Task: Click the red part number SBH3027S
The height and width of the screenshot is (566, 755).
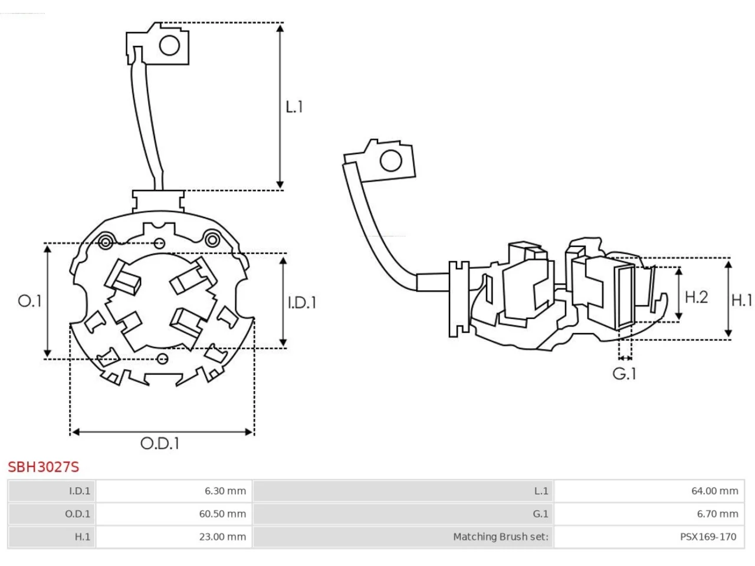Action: (x=43, y=467)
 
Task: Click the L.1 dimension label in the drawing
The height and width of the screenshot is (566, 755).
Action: (x=294, y=107)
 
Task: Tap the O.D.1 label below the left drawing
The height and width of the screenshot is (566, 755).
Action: (x=160, y=443)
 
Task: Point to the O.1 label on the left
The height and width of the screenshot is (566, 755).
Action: (x=29, y=301)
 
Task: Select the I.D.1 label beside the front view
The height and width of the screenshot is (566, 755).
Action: (x=301, y=302)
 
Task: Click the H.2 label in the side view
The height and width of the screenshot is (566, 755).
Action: (x=696, y=297)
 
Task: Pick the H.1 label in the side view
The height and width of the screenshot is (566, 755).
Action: (x=741, y=300)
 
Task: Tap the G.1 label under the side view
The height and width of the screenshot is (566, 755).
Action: (x=624, y=374)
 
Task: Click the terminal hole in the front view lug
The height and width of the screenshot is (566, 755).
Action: (x=169, y=45)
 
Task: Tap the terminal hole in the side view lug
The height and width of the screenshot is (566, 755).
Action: (x=390, y=160)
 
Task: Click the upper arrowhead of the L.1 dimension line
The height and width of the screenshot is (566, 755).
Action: (x=280, y=28)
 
